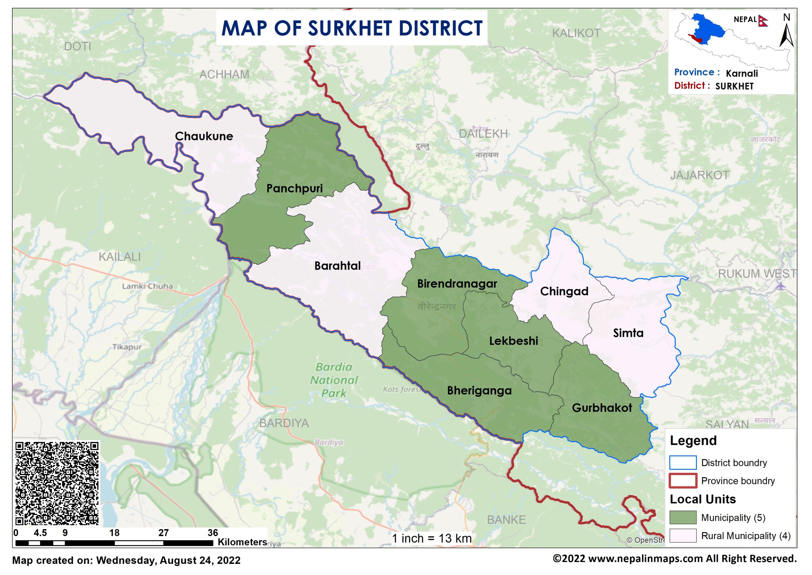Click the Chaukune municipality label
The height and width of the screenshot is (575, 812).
pos(204,136)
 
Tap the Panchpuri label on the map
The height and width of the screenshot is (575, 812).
pos(294,188)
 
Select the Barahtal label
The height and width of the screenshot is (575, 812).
pos(337,266)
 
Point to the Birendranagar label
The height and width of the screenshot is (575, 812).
pos(457,284)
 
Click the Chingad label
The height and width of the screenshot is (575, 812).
pos(564,291)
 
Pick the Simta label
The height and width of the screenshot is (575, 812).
pos(628,333)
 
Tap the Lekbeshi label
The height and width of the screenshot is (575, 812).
pos(514,341)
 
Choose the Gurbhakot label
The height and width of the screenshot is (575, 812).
pos(602,408)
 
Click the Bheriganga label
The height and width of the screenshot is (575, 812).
pos(479,391)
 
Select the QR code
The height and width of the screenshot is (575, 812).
pos(57,484)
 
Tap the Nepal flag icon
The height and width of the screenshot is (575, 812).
pos(763,21)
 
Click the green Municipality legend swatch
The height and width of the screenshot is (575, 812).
pos(683,517)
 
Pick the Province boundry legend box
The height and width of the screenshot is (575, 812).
pos(683,481)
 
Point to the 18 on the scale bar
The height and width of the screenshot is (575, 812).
pos(114,533)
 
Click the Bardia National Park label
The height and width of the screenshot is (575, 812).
pos(334,380)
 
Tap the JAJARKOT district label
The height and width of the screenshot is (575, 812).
pos(699,175)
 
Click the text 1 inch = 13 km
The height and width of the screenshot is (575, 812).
pos(432,539)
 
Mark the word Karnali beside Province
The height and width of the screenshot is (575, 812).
pos(742,74)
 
